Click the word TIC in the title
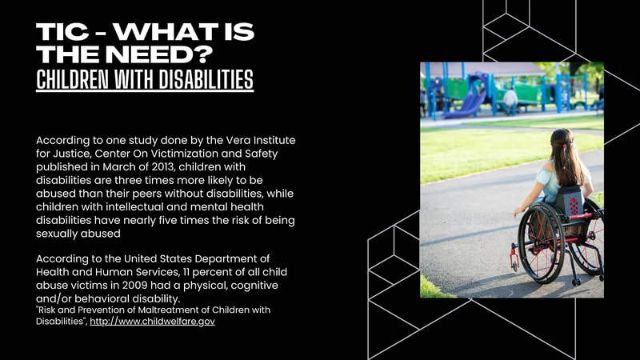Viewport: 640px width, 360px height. coord(62,32)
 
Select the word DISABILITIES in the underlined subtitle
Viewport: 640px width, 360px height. coord(206,79)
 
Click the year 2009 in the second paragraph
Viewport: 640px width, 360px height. coord(135,286)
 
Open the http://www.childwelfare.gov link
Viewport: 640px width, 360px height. coord(152,322)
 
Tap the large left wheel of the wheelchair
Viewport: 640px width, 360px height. coord(541,242)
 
